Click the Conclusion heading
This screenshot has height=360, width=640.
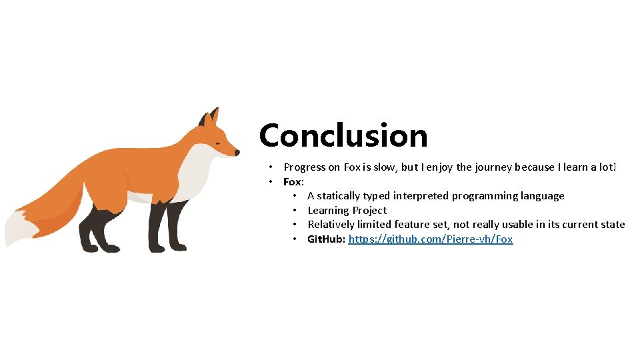(x=343, y=135)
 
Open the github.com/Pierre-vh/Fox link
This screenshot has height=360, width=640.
(x=431, y=239)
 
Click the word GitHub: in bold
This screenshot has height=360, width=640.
(x=326, y=239)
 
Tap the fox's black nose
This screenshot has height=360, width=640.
(x=237, y=153)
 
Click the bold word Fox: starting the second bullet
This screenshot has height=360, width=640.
(x=294, y=182)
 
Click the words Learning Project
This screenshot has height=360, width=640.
(x=347, y=211)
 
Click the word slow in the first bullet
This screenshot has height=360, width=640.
(x=381, y=167)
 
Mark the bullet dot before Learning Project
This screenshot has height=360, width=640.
(x=295, y=211)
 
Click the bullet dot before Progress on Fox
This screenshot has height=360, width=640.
(x=271, y=167)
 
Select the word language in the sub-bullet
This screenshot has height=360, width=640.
(x=542, y=196)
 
